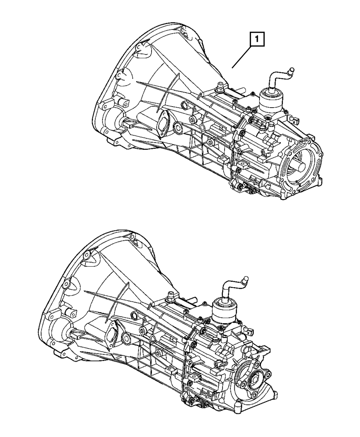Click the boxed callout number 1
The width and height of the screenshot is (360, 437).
(257, 39)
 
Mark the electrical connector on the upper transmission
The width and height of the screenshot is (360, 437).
(294, 120)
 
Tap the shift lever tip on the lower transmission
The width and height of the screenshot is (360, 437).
(245, 279)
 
